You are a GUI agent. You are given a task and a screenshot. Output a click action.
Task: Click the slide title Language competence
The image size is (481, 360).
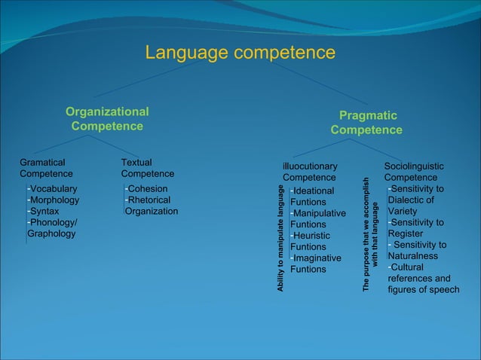240,53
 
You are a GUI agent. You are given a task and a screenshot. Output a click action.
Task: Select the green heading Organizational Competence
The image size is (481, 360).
106,119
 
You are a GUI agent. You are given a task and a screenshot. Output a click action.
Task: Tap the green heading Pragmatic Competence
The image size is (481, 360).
366,123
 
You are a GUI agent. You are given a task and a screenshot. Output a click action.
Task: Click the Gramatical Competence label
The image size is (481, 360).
46,168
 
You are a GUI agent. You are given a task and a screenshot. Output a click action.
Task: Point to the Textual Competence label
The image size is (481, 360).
147,168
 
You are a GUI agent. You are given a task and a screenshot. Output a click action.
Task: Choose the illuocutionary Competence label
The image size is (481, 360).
309,172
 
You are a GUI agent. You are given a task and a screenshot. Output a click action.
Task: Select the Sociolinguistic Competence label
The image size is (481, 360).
414,172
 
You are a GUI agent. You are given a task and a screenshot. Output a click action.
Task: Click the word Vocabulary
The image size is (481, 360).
54,188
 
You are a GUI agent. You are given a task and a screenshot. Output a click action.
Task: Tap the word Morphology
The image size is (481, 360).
54,200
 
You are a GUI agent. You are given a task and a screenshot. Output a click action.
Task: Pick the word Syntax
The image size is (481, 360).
45,211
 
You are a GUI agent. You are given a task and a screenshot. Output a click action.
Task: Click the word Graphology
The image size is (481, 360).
51,233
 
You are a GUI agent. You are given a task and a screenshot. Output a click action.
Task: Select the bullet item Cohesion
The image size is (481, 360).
148,188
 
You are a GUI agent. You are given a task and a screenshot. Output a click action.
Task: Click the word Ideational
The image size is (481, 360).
314,191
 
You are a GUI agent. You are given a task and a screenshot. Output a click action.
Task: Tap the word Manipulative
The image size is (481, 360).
320,213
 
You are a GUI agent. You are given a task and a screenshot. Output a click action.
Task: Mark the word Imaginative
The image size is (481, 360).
318,258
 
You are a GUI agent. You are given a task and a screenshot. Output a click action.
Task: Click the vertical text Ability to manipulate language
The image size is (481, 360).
280,238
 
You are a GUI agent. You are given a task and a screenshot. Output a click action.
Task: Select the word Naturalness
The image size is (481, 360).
413,256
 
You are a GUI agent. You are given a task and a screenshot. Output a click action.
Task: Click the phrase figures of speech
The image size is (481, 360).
423,289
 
